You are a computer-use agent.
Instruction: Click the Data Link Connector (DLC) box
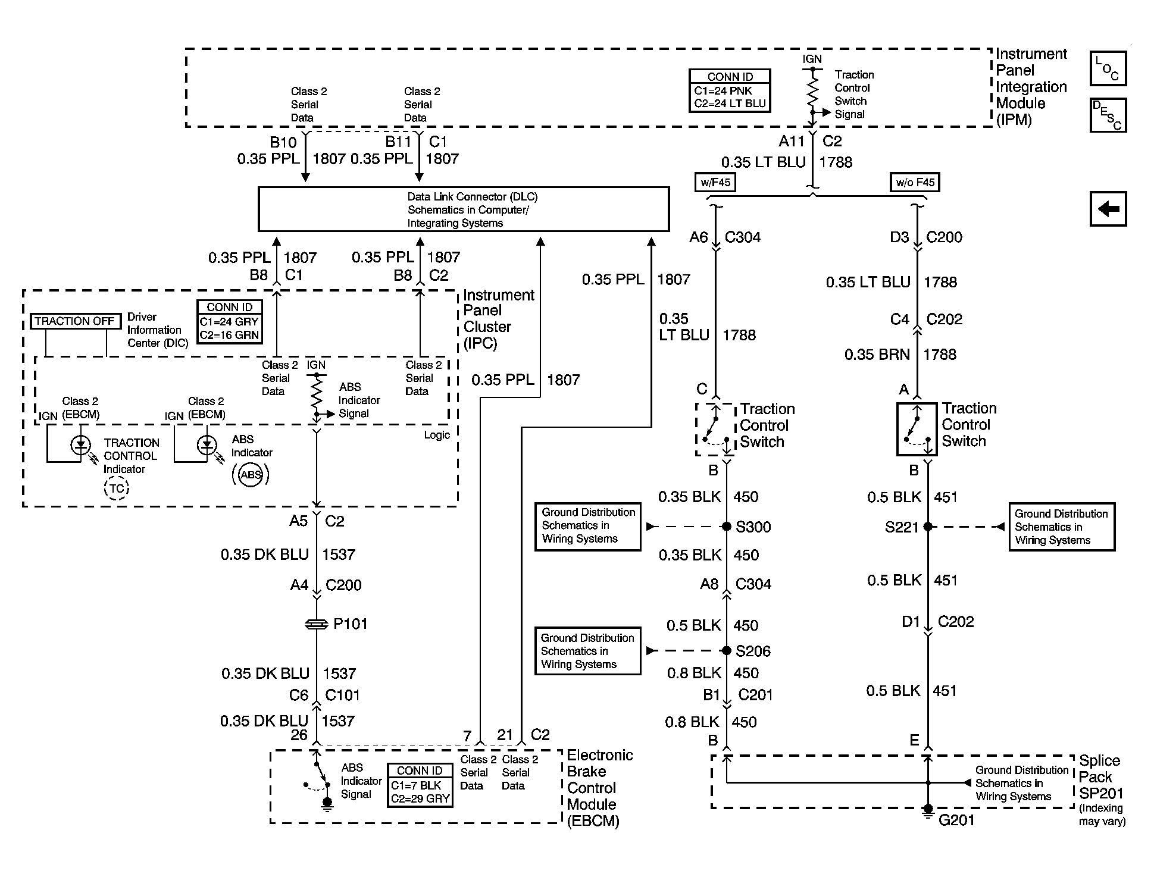click(x=463, y=209)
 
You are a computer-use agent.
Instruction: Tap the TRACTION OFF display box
click(x=74, y=321)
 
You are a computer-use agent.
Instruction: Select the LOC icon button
click(x=1108, y=68)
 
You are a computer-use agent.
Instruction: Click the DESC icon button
click(x=1108, y=115)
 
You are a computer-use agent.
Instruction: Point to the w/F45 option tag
click(x=715, y=182)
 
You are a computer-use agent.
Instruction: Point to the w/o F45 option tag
click(x=915, y=182)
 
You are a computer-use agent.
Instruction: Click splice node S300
click(x=726, y=527)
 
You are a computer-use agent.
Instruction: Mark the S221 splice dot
click(x=927, y=527)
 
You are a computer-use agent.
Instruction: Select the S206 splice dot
click(x=726, y=650)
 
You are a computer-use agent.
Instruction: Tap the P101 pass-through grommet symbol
click(x=316, y=624)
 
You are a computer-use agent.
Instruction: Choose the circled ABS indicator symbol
click(x=251, y=475)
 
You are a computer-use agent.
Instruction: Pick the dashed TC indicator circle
click(x=117, y=488)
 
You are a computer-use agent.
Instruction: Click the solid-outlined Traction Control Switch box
click(x=917, y=429)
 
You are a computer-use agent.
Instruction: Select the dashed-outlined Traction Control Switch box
click(x=715, y=430)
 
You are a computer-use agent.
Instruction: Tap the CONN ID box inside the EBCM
click(x=420, y=785)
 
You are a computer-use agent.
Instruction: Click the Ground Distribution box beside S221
click(x=1061, y=527)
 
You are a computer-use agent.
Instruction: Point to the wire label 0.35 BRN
click(x=877, y=355)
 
